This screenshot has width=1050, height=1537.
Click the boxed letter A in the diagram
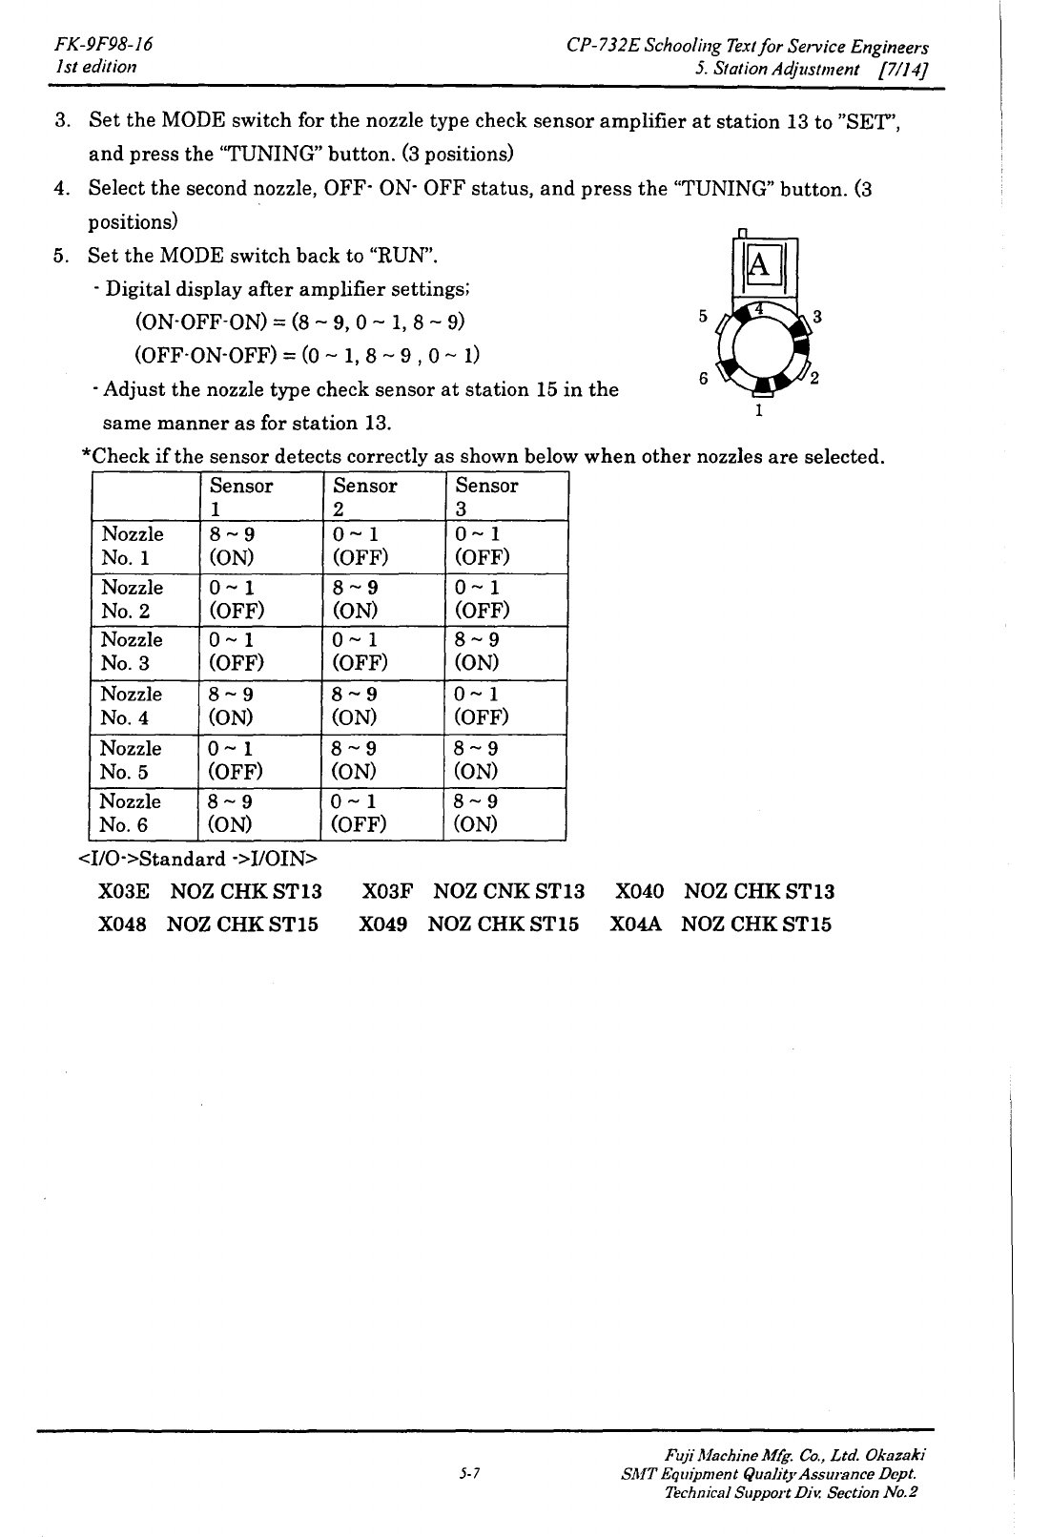(x=760, y=263)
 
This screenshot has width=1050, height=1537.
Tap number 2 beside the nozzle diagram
(x=815, y=379)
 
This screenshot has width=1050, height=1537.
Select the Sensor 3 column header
(x=486, y=497)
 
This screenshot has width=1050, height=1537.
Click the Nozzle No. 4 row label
(x=131, y=705)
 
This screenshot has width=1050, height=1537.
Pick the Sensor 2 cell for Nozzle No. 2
(x=355, y=598)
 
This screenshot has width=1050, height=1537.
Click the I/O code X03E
(x=124, y=891)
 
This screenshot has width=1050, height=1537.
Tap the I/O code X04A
(x=635, y=924)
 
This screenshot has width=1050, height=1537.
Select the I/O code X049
(x=383, y=924)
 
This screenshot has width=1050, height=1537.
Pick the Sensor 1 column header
(x=240, y=497)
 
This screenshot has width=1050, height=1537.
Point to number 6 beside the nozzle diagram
(x=704, y=379)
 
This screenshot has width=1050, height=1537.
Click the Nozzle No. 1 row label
(x=132, y=545)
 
